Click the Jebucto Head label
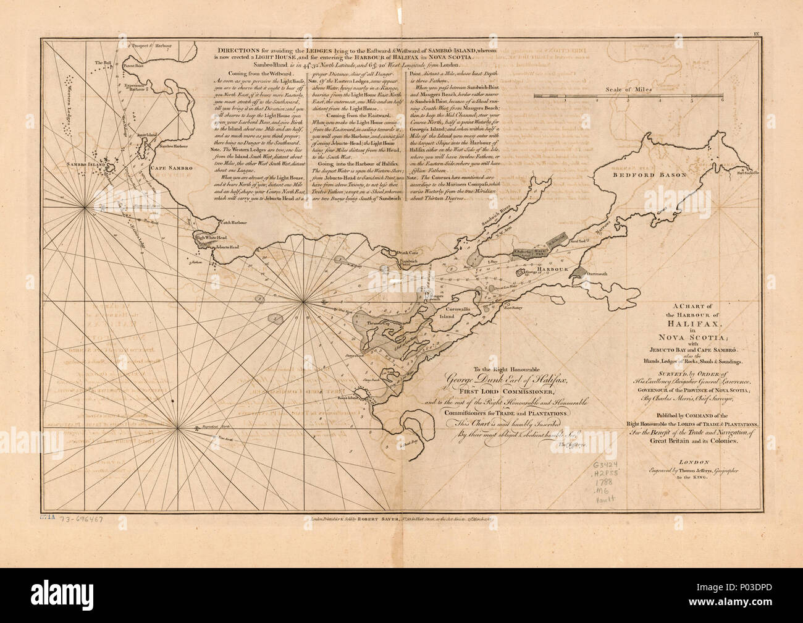(x=227, y=247)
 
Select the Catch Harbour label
(x=235, y=222)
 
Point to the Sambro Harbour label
(x=175, y=146)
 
